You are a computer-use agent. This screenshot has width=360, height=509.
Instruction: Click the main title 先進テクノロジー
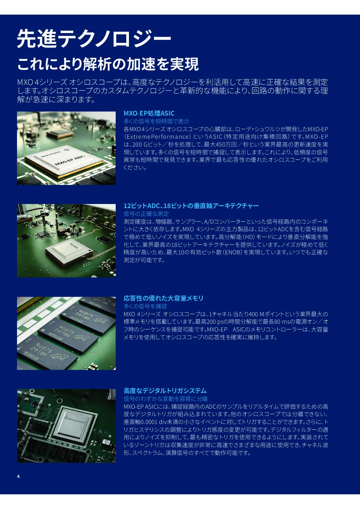click(94, 39)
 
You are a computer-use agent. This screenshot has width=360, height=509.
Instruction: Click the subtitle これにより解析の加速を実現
click(108, 64)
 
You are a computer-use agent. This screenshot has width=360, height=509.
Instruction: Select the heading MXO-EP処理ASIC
click(149, 113)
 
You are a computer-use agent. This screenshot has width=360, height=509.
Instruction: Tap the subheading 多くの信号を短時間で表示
click(156, 121)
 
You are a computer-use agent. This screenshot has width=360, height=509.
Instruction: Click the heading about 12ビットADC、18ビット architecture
click(191, 206)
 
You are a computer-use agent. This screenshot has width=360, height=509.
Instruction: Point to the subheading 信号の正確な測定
click(146, 214)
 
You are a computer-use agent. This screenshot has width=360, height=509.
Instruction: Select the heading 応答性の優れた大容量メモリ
click(163, 298)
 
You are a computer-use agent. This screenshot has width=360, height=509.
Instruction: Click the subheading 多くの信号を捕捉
click(145, 306)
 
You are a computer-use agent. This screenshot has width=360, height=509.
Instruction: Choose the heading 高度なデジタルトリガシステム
click(165, 391)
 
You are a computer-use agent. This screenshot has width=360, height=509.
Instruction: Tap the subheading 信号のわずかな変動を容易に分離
click(166, 398)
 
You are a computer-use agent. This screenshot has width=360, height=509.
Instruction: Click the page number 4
click(18, 476)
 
